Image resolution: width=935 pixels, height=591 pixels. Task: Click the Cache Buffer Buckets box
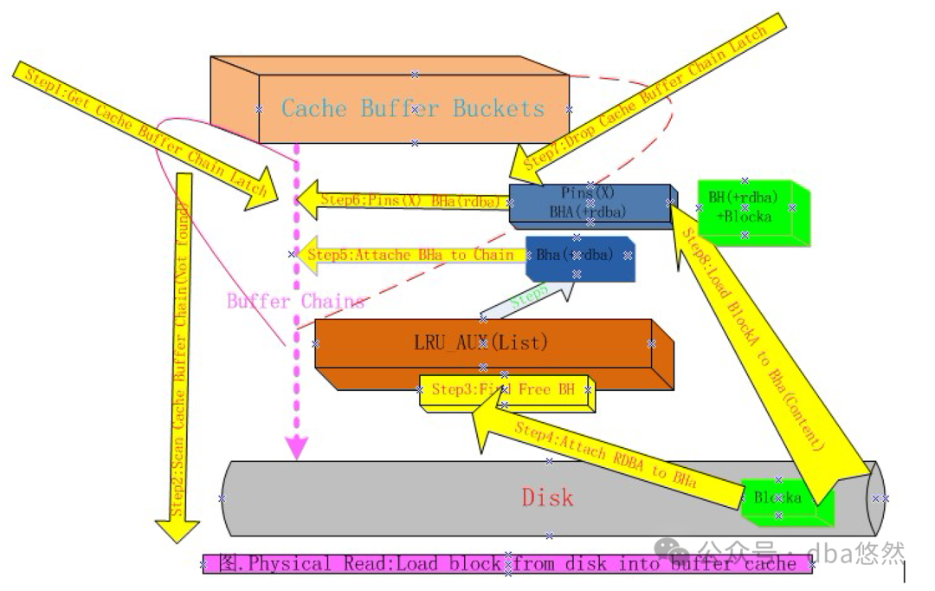pos(414,108)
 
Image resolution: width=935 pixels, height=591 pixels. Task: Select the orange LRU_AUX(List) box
pos(483,344)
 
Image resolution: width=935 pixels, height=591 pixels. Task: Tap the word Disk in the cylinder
pos(547,497)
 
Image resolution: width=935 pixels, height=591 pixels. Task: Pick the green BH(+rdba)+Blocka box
pos(745,208)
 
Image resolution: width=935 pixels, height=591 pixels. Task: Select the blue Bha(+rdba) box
pos(577,256)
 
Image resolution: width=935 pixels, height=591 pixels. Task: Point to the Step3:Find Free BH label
pos(504,390)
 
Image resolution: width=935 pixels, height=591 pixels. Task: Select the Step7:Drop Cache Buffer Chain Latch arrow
pos(649,91)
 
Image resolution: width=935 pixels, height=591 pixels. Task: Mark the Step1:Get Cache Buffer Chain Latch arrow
pos(139,130)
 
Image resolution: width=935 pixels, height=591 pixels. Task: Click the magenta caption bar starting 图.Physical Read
pos(507,564)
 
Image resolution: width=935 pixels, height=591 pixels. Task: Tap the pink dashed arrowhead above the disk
pos(297,447)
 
